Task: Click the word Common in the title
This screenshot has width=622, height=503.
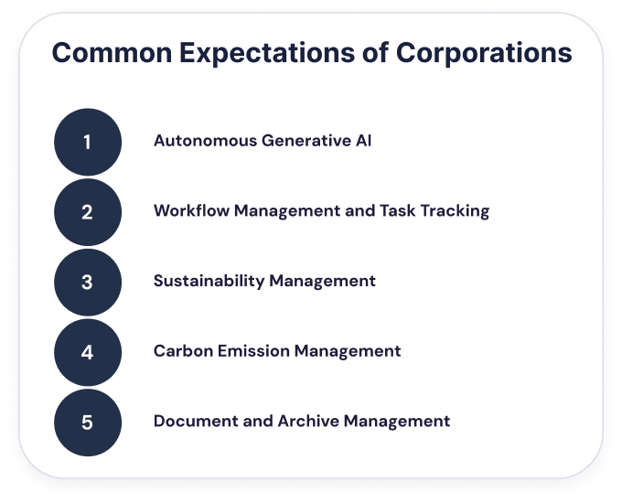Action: coord(112,52)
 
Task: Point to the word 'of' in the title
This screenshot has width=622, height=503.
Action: coord(375,52)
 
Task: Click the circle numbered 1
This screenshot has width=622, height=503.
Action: coord(88,142)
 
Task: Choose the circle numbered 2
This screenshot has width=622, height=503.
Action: coord(88,212)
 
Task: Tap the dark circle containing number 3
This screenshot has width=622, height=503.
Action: coord(88,283)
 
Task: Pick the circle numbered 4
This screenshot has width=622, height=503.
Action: coord(88,352)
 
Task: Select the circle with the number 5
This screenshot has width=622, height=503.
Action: coord(88,423)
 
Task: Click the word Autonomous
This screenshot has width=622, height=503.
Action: coord(206,141)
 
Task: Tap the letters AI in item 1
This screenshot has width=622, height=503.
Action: coord(363,141)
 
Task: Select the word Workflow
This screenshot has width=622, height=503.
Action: coord(191,210)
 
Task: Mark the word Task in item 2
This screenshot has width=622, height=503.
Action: coord(398,210)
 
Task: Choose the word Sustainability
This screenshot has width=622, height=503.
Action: coord(209,282)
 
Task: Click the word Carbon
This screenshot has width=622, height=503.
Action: coord(183,351)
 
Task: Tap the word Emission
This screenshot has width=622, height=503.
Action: coord(253,351)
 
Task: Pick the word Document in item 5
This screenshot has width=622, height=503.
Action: coord(196,422)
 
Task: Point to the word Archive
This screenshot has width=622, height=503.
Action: coord(308,422)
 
